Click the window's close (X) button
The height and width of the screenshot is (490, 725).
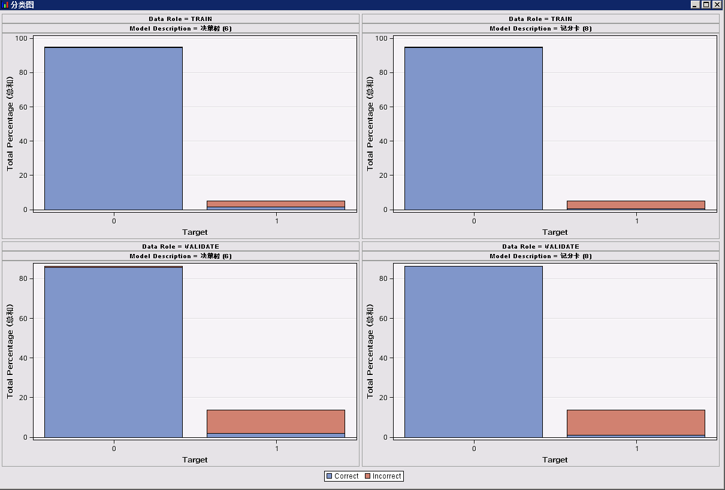click(717, 5)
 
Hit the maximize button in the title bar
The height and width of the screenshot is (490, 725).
click(706, 5)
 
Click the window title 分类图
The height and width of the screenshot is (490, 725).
click(23, 5)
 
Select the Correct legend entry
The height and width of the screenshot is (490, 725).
click(342, 476)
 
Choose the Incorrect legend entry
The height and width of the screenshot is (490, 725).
click(383, 476)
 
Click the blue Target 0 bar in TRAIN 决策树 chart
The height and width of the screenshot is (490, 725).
click(113, 128)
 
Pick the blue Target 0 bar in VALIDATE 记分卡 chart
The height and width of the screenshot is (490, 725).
click(473, 352)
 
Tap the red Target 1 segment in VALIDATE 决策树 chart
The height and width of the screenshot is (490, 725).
click(276, 421)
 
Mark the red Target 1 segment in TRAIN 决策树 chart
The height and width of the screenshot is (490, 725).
click(276, 204)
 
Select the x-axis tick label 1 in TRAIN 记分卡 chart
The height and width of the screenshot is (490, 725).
click(636, 221)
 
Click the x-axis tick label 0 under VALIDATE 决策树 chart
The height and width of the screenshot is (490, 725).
click(114, 448)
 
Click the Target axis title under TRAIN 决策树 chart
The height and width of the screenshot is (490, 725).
click(195, 232)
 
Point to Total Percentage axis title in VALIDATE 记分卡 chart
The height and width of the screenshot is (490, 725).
click(370, 350)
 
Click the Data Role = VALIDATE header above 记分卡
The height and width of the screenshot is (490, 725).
click(540, 246)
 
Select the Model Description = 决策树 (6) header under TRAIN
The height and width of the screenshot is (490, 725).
click(180, 28)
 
